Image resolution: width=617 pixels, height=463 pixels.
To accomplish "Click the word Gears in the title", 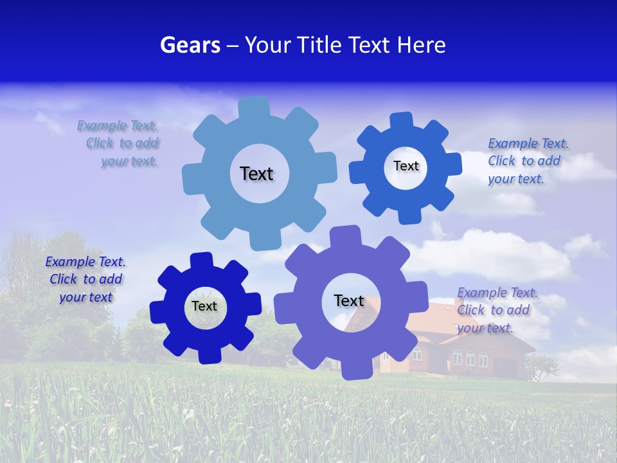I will pos(190,45).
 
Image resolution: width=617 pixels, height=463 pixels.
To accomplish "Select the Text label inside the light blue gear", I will pos(256,174).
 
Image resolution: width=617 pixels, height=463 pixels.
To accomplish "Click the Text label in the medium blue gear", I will pos(406,166).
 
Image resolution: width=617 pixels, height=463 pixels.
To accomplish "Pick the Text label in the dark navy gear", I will pos(204,306).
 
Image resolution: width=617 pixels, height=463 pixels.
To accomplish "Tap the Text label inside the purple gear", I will pos(349,300).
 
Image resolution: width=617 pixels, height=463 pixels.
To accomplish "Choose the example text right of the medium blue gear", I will pos(527,161).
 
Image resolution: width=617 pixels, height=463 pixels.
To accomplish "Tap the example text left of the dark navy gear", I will pos(85,279).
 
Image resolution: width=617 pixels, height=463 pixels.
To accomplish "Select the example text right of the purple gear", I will pos(496,310).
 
